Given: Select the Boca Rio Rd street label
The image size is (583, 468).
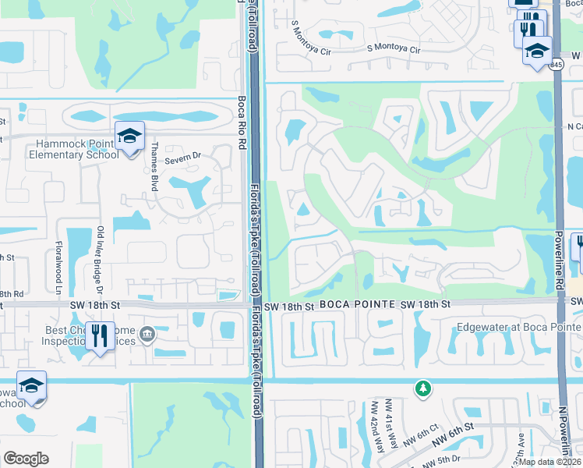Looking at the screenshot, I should pos(241,122).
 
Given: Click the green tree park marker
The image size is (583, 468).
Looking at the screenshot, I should pos(422,388).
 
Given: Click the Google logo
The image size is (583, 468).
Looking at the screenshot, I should pos(26,459).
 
